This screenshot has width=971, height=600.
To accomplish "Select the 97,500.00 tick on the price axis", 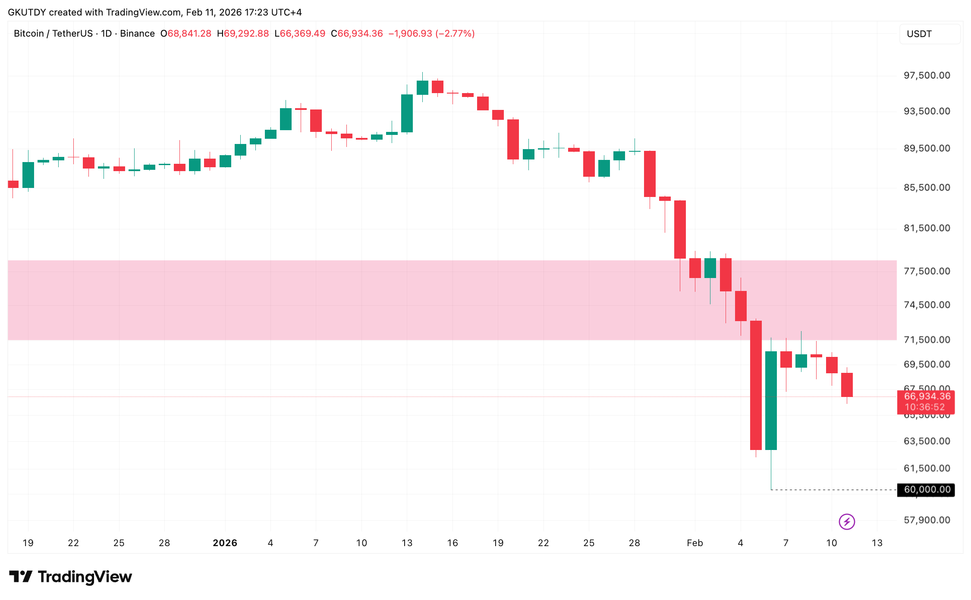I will click(927, 75).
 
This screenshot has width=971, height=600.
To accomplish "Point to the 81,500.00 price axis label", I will click(927, 228).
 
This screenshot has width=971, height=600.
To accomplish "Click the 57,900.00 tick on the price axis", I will click(927, 520).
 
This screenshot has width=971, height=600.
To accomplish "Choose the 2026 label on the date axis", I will click(225, 543).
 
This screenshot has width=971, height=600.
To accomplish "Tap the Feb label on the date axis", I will click(694, 543).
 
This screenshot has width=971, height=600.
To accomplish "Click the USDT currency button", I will click(929, 34).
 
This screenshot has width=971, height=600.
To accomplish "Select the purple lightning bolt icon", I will click(847, 522).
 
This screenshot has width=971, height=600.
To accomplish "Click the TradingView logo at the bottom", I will click(70, 577).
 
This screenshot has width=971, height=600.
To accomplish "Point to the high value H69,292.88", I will click(243, 34).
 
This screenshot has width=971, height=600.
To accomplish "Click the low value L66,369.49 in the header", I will click(300, 34).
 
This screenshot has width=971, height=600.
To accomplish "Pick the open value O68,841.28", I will click(186, 34).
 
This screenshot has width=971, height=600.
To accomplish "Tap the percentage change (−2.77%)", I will click(455, 34).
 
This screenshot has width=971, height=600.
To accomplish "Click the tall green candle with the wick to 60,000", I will click(771, 400).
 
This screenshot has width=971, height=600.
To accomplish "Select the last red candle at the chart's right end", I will click(847, 385).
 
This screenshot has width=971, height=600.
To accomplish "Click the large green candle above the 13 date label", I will click(407, 113).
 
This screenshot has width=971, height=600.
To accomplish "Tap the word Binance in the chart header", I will click(137, 34).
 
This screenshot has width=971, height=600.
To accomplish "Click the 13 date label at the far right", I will click(877, 543).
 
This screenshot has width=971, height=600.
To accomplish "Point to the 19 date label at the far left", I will click(28, 543).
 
